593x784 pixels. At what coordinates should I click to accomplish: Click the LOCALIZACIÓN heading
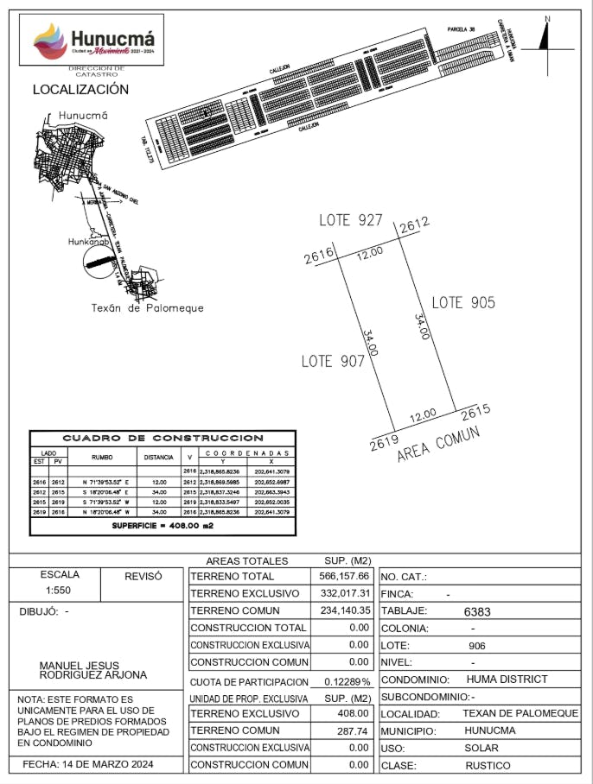pos(80,89)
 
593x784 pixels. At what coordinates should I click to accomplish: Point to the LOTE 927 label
pos(350,220)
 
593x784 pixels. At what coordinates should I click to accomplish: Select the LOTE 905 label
pos(463,302)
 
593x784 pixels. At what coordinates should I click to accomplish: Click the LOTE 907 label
pos(333,361)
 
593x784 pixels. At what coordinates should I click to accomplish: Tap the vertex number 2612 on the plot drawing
pos(414,224)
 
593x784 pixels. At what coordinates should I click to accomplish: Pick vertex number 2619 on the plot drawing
pos(383,445)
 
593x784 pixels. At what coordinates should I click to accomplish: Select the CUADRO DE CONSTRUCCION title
pos(163,439)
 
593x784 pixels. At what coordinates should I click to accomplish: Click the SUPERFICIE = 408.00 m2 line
pos(163,525)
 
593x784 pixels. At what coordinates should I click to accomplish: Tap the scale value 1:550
pos(59,591)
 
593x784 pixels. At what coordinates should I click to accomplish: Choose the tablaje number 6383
pos(477,611)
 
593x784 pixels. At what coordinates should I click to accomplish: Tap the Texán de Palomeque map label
pos(147,308)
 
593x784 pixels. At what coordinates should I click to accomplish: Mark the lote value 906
pos(477,645)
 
